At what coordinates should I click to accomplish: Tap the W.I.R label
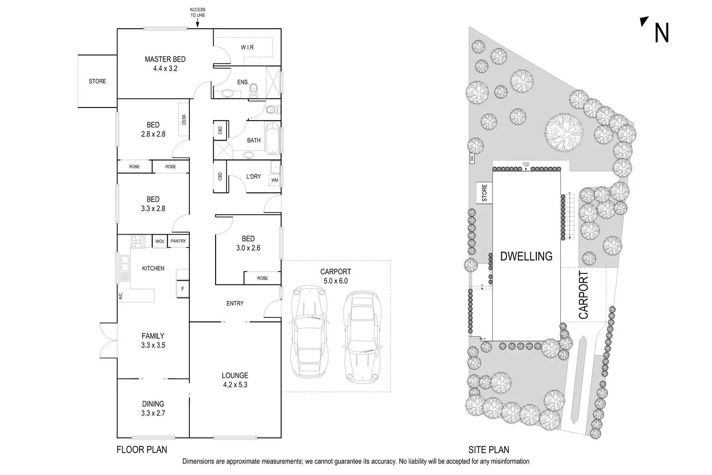247,47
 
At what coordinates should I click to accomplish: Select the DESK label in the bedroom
184,119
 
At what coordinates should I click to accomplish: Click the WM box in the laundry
275,180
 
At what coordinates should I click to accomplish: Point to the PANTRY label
178,241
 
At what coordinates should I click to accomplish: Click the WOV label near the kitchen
159,241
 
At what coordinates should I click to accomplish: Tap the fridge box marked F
183,289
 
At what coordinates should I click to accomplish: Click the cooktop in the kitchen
139,241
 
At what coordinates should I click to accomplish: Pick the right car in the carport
361,337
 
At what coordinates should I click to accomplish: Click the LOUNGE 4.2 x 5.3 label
235,380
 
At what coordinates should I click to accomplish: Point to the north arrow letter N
661,33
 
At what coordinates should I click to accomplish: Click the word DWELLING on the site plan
526,256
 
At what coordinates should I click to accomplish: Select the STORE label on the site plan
484,193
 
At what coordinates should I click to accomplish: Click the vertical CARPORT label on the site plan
583,295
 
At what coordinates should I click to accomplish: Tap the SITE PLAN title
488,450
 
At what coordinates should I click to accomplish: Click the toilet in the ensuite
253,89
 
